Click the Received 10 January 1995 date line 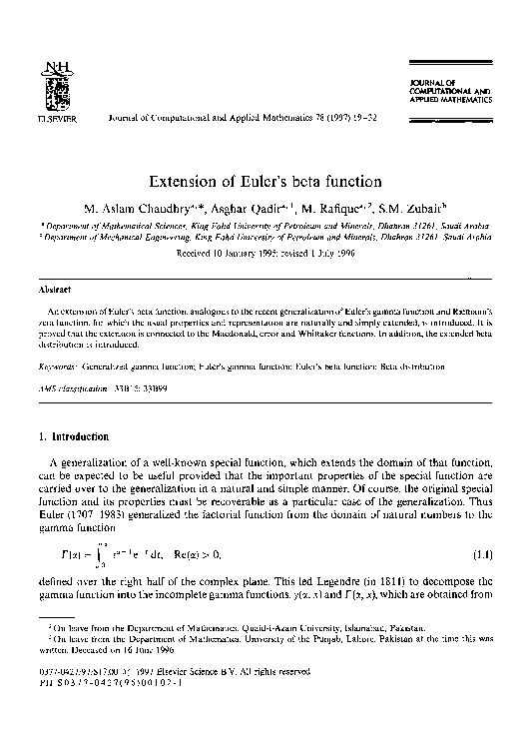(x=265, y=254)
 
